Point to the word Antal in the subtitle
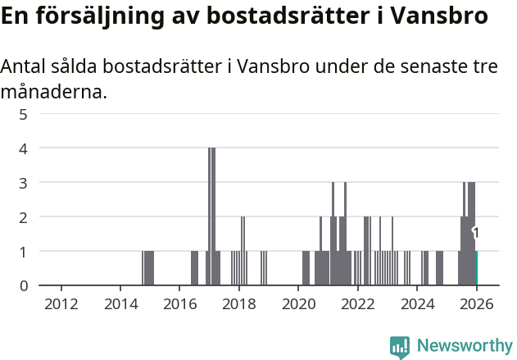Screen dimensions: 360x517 (25, 67)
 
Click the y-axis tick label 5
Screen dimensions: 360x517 (24, 114)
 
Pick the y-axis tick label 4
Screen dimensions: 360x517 (24, 148)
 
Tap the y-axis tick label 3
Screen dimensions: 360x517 (24, 183)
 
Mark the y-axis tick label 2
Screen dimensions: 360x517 (24, 217)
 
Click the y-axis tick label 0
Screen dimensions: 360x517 (24, 285)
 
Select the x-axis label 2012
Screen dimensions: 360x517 (61, 304)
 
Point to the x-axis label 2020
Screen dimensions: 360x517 (298, 304)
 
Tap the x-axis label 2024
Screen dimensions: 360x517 (417, 304)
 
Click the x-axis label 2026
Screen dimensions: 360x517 (476, 304)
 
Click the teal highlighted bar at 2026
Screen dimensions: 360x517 (476, 268)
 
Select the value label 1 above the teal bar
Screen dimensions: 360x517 (476, 234)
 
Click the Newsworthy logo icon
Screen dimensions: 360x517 (400, 347)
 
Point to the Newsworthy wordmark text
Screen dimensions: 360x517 (465, 346)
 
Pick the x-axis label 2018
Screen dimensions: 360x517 (239, 304)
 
